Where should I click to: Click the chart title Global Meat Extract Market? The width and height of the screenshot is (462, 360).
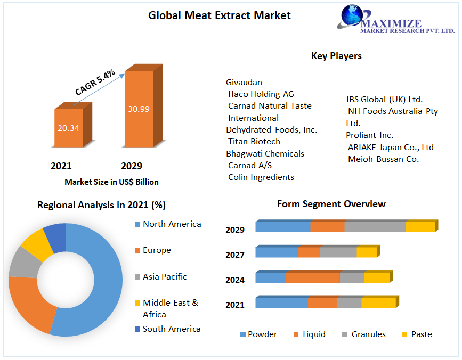[219, 15]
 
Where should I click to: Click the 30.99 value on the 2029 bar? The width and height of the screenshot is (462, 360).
[139, 109]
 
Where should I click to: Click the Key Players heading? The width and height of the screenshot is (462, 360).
[336, 56]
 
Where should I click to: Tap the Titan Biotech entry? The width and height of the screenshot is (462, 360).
[254, 141]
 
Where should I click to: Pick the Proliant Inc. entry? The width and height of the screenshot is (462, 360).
[369, 135]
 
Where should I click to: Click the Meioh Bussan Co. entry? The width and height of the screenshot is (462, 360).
[383, 159]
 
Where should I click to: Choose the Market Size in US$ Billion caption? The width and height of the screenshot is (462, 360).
[111, 182]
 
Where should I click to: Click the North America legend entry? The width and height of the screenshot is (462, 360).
[172, 224]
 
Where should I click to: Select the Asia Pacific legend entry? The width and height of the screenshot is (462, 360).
[165, 277]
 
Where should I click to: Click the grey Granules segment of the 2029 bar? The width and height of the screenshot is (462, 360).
[375, 227]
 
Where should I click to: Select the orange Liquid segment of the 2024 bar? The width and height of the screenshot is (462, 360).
[313, 277]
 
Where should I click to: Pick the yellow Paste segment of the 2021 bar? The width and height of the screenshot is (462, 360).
[378, 302]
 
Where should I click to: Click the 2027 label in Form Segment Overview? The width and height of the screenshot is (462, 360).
[235, 255]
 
